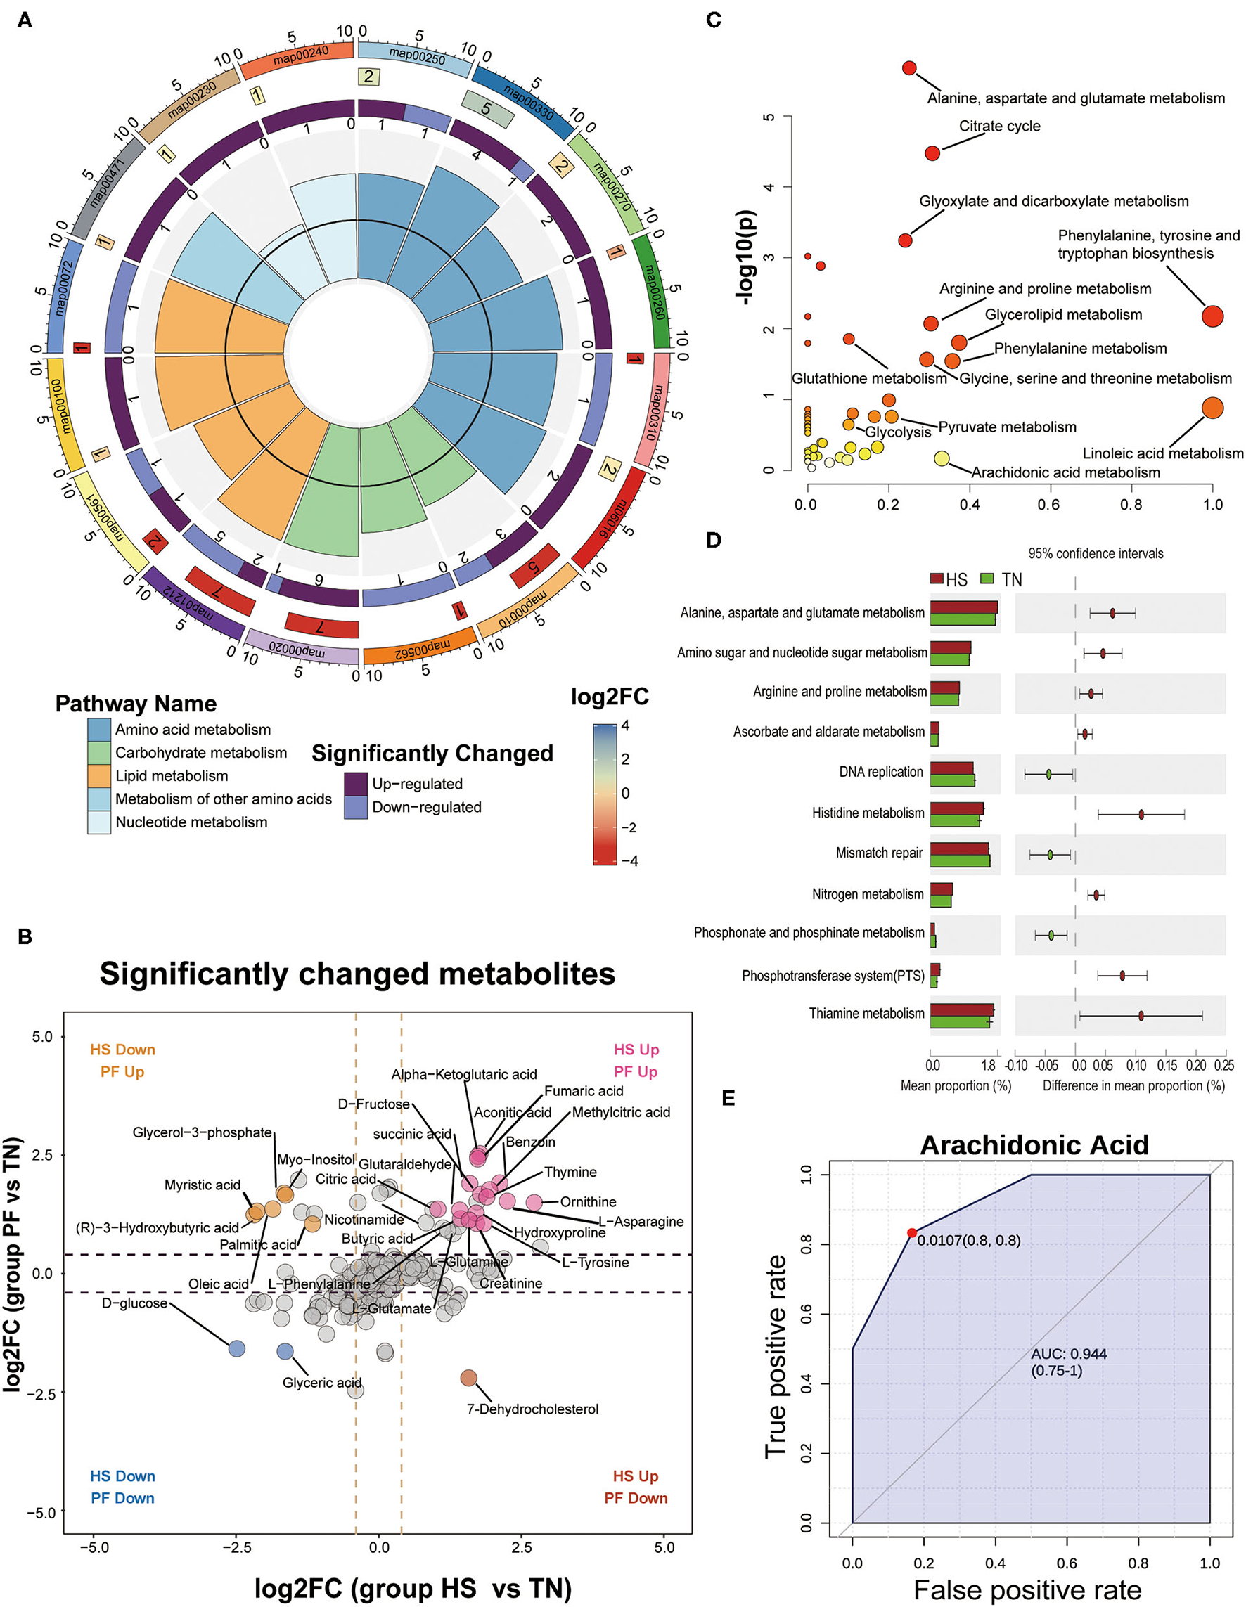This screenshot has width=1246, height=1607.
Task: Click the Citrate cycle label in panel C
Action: point(998,126)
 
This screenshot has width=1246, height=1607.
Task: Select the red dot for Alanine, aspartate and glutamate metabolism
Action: point(909,68)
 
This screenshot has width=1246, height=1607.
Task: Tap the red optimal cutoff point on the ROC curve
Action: point(912,1232)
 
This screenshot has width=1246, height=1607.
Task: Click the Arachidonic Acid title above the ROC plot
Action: point(1034,1145)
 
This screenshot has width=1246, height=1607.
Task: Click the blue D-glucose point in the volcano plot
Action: point(236,1349)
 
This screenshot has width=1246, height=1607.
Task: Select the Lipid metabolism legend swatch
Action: point(98,775)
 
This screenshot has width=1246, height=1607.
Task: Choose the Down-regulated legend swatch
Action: point(356,807)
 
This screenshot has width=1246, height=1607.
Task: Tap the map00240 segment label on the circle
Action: point(300,56)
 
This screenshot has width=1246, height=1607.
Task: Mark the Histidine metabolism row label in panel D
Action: point(868,813)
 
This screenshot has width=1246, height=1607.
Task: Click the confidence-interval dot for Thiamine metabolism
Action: point(1141,1016)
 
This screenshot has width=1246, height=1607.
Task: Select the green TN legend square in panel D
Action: point(987,579)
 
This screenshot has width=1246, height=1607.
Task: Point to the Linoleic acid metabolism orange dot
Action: point(1212,408)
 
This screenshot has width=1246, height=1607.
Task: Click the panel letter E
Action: point(728,1099)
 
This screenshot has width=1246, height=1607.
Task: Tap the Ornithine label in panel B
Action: point(588,1201)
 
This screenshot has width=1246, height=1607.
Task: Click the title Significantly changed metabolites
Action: point(357,974)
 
